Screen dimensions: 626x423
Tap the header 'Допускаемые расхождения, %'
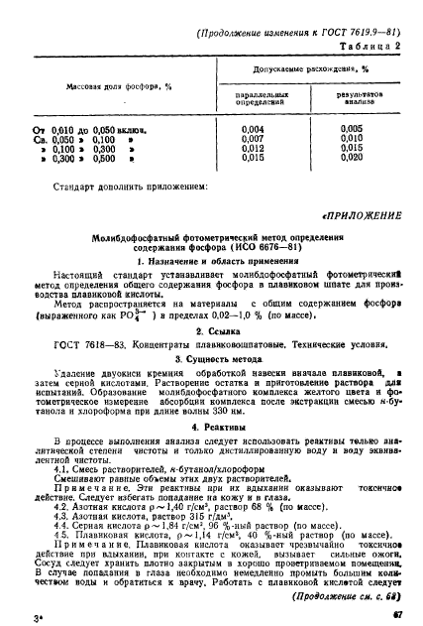(304, 69)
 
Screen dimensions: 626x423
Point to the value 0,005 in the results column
(352, 129)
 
